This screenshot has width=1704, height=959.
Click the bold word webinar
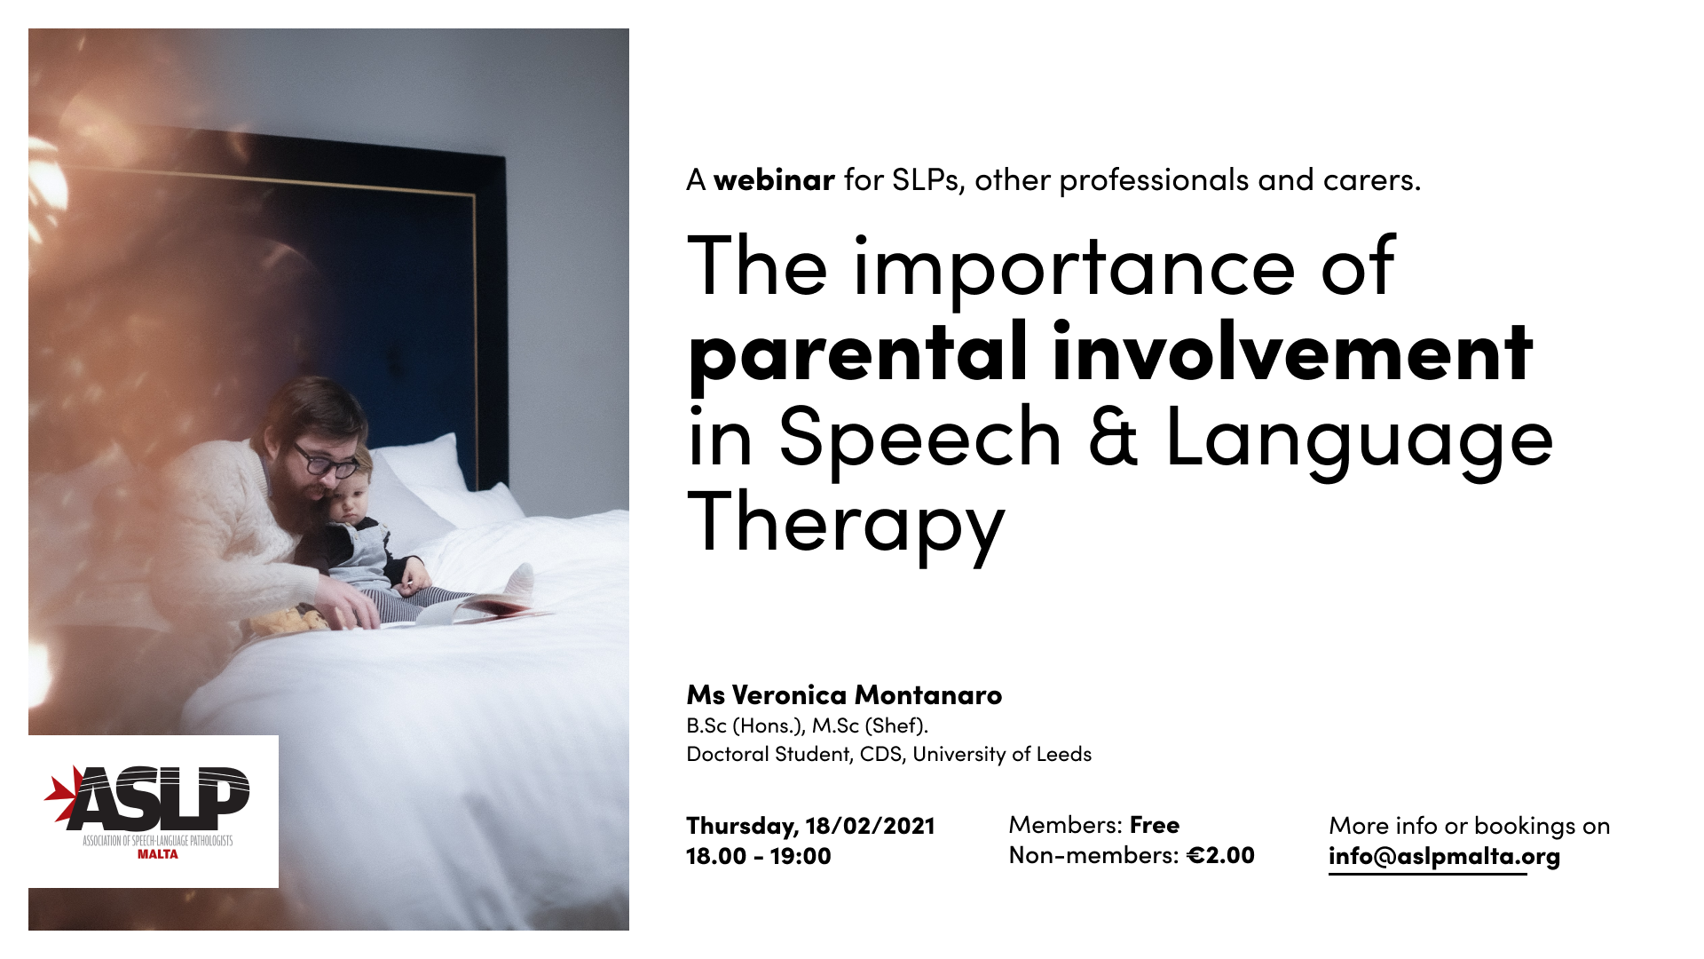(774, 179)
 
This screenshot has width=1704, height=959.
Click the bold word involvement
(1293, 351)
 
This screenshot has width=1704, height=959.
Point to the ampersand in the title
(1113, 435)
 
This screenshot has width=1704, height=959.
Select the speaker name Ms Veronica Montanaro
(844, 694)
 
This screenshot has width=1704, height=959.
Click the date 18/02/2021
(870, 826)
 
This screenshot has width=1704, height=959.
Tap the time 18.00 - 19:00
(759, 856)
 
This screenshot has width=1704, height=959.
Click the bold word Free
(1154, 825)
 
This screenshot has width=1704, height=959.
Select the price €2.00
(1220, 855)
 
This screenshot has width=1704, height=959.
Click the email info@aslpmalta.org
(1444, 857)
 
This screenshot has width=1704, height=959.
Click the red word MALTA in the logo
(158, 854)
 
